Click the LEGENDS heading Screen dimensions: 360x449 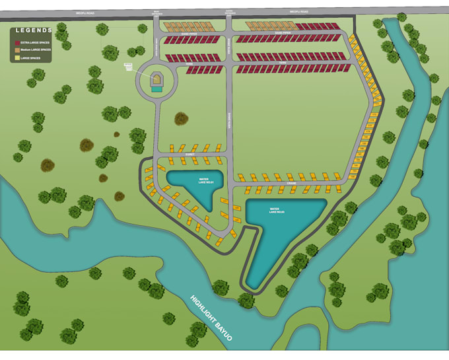(34, 30)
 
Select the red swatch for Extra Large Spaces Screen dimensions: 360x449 (17, 41)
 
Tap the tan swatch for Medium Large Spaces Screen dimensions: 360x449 (17, 49)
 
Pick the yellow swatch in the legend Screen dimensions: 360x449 (17, 57)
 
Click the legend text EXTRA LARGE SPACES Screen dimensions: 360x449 (35, 41)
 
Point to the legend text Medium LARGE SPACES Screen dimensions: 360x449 (36, 49)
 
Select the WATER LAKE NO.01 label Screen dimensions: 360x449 (199, 180)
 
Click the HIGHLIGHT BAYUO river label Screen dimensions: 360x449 (211, 316)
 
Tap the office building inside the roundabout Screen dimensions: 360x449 (156, 79)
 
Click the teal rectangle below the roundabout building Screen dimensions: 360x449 (156, 89)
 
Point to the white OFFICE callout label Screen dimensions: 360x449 (128, 66)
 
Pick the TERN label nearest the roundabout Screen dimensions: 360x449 (188, 63)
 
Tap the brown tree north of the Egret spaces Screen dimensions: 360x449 (180, 119)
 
